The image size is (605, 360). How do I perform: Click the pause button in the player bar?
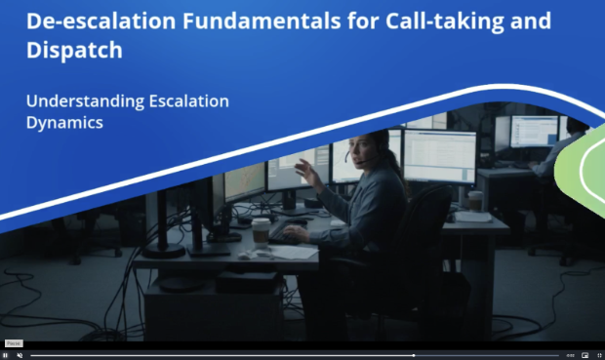point(5,355)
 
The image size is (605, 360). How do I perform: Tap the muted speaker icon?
point(20,355)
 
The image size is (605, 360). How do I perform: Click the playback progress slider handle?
point(414,355)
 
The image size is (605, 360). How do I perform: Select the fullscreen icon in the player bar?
point(599,355)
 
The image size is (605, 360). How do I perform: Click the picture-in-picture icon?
point(585,355)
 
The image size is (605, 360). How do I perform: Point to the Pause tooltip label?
point(14,343)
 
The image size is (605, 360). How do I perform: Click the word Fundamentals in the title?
point(262,20)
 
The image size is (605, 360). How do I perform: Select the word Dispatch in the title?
point(74,50)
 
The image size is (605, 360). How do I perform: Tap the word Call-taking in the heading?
point(445,22)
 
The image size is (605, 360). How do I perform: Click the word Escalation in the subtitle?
point(189,101)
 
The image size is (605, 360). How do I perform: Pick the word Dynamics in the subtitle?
point(64,123)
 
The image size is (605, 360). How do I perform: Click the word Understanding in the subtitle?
point(85,101)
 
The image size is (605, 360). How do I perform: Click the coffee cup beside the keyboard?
point(261,232)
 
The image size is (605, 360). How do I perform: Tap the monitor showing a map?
point(245,182)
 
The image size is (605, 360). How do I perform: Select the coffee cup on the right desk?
point(475,201)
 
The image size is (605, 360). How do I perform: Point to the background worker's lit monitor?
point(535,131)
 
